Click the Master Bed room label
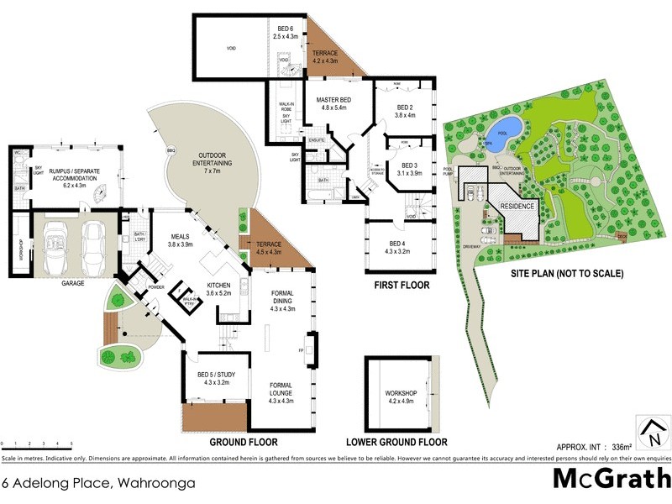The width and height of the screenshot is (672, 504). pyautogui.click(x=332, y=103)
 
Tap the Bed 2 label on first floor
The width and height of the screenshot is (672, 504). pyautogui.click(x=406, y=112)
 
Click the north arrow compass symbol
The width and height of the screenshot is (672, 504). pyautogui.click(x=652, y=433)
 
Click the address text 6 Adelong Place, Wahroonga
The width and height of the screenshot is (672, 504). pyautogui.click(x=98, y=483)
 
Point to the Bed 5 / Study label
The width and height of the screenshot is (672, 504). pyautogui.click(x=213, y=379)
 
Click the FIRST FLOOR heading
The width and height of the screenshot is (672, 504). pyautogui.click(x=402, y=286)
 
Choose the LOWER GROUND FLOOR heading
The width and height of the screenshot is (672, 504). pyautogui.click(x=396, y=442)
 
